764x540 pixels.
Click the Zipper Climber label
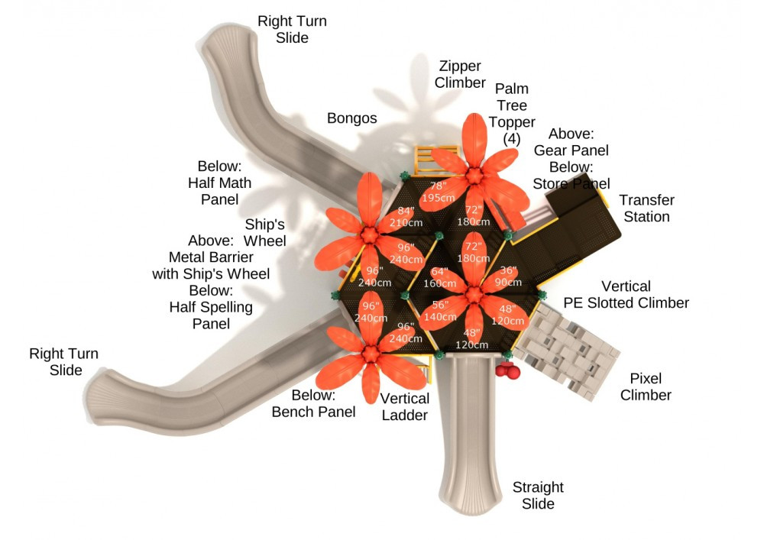[460, 74]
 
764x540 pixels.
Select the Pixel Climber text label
[646, 386]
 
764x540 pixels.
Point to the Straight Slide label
[538, 495]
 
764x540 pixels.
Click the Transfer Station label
[646, 209]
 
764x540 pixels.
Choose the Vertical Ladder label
[404, 406]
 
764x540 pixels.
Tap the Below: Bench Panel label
[313, 404]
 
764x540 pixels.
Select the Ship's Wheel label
[265, 232]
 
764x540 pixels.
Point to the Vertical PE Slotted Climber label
[626, 295]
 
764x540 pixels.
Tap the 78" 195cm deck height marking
[437, 192]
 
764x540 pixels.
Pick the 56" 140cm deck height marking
[438, 309]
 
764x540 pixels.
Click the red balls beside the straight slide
[508, 371]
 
